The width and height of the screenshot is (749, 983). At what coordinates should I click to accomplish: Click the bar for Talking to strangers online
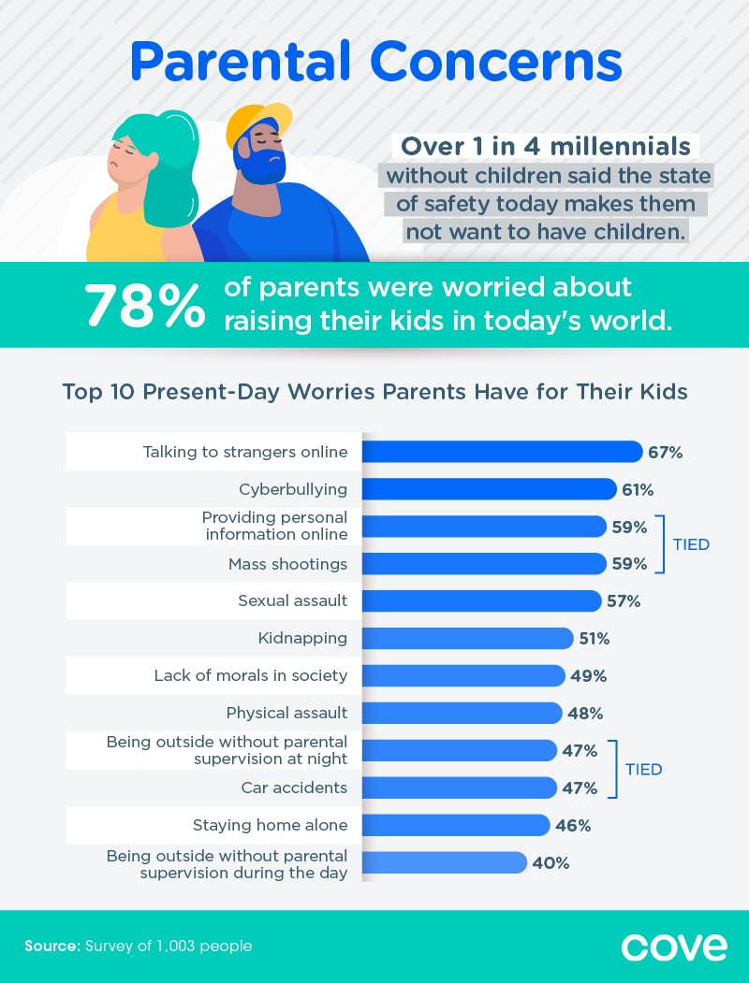[x=502, y=452]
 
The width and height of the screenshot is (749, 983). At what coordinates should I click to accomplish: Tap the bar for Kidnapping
[x=467, y=639]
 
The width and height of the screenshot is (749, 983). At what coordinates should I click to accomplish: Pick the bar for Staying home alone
[x=455, y=825]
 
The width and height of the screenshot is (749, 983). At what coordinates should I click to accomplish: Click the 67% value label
[x=665, y=453]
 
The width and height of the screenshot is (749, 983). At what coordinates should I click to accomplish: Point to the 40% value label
[x=551, y=863]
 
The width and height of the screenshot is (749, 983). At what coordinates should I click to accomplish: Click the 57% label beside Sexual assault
[x=622, y=601]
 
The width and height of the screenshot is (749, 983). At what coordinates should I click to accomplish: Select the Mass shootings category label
[x=287, y=564]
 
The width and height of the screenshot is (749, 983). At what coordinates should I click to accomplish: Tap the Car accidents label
[x=294, y=788]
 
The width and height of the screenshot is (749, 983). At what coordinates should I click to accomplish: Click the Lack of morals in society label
[x=250, y=675]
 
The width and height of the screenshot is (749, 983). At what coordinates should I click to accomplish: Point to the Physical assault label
[x=286, y=714]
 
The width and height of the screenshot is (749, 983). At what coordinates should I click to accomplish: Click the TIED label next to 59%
[x=691, y=544]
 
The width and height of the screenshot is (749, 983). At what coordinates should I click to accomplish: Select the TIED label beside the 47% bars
[x=643, y=770]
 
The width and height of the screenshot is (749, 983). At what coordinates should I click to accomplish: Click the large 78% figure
[x=144, y=306]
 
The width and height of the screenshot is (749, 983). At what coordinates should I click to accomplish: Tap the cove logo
[x=673, y=946]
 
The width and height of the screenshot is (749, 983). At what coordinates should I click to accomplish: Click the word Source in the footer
[x=52, y=947]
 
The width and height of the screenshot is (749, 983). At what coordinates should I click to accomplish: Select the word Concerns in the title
[x=496, y=62]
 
